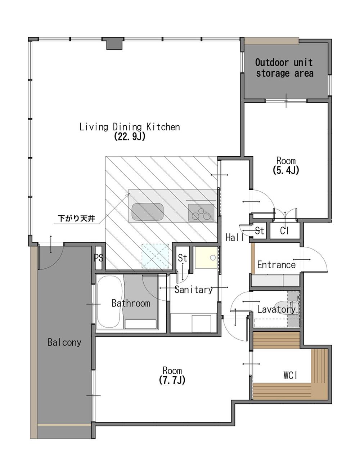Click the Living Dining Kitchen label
[x=129, y=127]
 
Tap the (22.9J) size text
[x=129, y=136]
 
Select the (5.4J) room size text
[x=285, y=170]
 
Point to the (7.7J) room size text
[x=172, y=380]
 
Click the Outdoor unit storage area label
[x=284, y=68]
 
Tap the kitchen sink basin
[x=147, y=212]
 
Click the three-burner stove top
[x=201, y=212]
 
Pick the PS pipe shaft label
[x=98, y=258]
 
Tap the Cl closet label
[x=284, y=231]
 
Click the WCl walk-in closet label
[x=290, y=376]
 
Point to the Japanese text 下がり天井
[x=76, y=218]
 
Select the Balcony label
[x=64, y=342]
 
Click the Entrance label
[x=276, y=265]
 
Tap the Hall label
[x=234, y=238]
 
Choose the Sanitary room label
[x=194, y=290]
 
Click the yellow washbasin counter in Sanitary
[x=206, y=257]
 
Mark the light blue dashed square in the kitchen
[x=155, y=256]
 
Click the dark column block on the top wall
[x=114, y=43]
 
